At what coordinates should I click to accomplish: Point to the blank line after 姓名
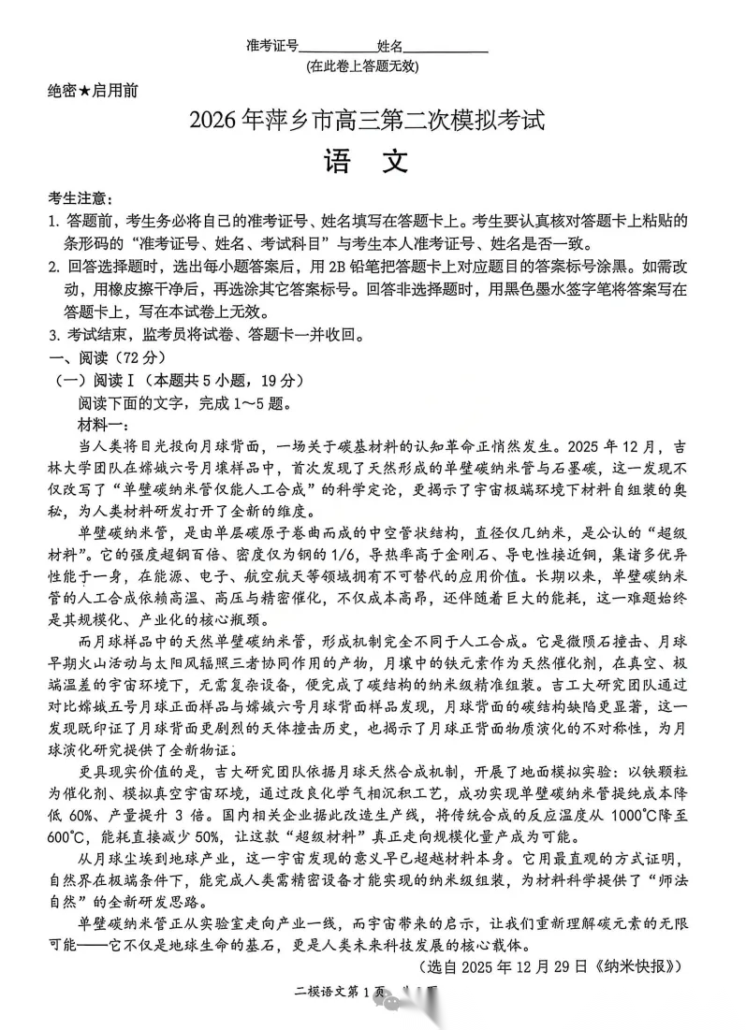click(446, 46)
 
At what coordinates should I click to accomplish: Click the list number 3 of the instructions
click(53, 334)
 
